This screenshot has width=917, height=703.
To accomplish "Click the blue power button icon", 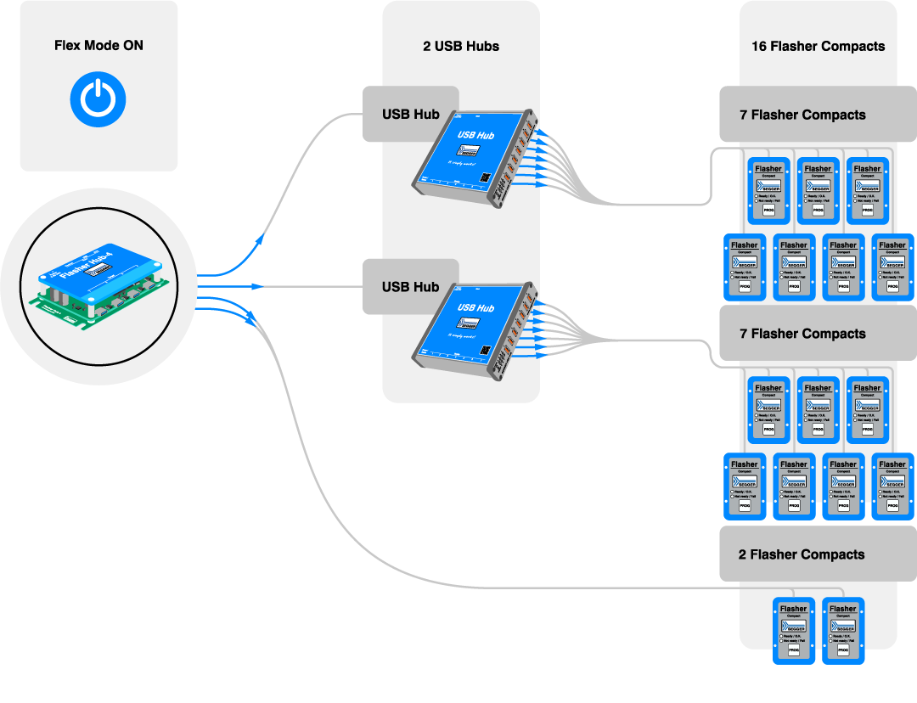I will click(98, 98).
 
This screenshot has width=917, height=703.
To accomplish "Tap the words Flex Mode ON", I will click(98, 46).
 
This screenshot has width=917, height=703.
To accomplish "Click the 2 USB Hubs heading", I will click(461, 46).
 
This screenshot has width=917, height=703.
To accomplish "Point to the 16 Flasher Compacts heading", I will click(818, 46).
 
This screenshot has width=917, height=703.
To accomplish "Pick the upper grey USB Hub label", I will click(410, 115).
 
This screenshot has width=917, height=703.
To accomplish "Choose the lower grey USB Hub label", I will click(410, 287).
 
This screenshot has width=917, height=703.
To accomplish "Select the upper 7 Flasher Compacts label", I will click(802, 115).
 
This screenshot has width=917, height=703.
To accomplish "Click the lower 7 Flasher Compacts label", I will click(802, 334).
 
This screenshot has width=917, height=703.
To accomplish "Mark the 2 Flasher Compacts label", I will click(802, 554).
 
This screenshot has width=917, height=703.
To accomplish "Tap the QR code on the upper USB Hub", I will click(484, 177).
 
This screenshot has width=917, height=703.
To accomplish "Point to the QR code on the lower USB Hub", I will click(484, 351).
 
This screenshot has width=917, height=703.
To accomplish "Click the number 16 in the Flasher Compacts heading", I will click(759, 46).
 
